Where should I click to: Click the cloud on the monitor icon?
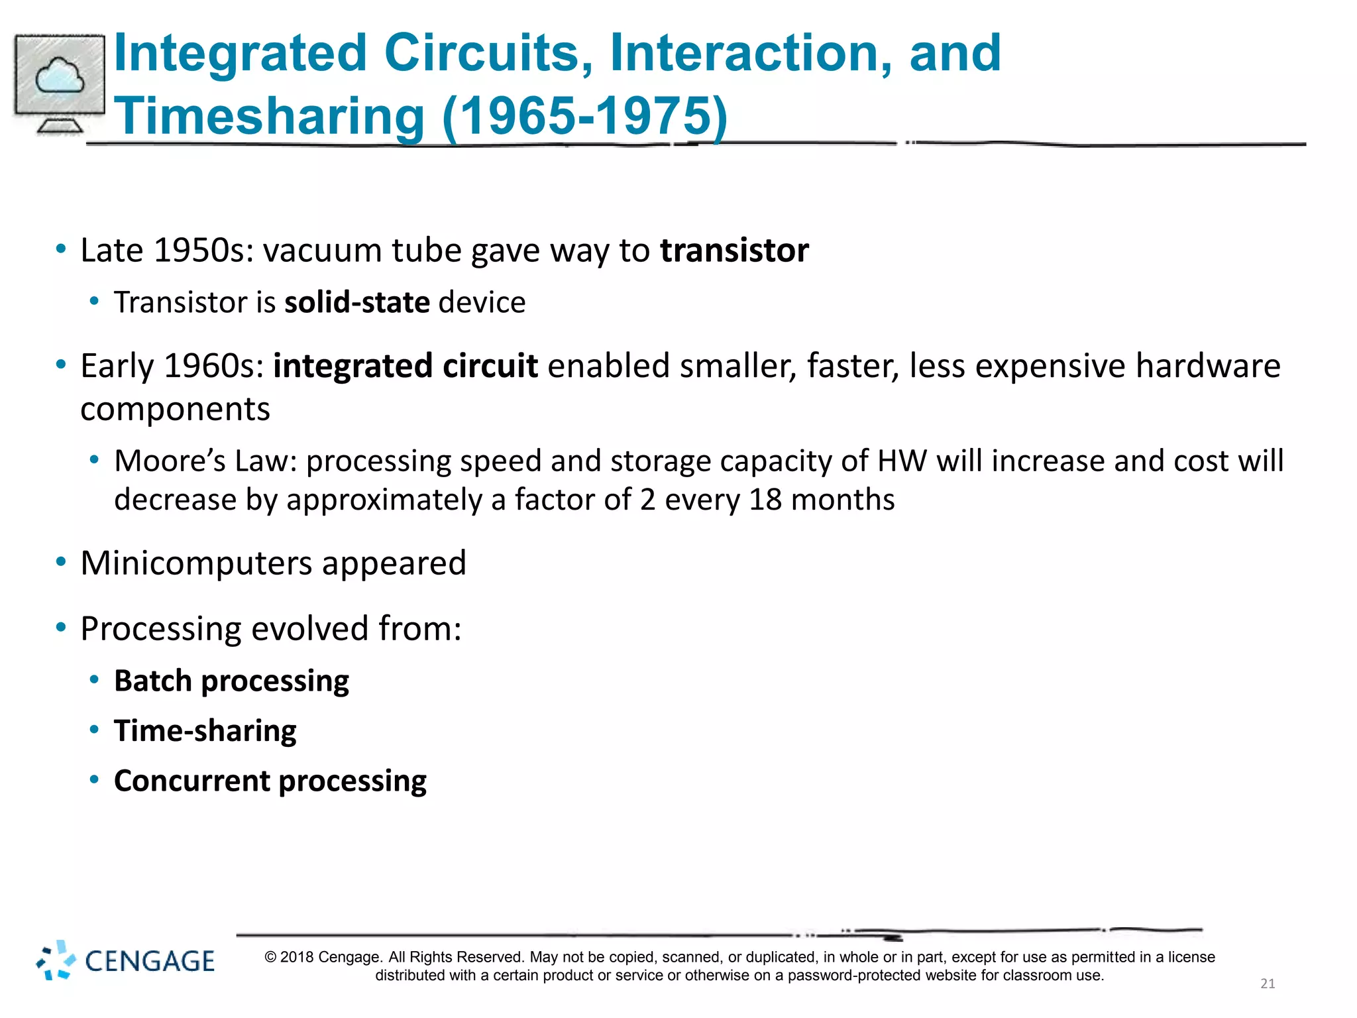tap(60, 76)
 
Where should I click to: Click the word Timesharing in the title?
tap(269, 116)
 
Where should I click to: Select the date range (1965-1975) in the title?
tap(584, 116)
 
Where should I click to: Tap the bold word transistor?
tap(734, 251)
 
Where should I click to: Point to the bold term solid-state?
tap(357, 303)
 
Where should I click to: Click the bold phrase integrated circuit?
tap(405, 366)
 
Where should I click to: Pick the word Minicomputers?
tap(196, 563)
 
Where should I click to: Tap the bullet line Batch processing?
tap(231, 681)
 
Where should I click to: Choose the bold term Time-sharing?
tap(205, 731)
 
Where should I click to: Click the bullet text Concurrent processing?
tap(270, 781)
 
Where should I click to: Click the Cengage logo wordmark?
tap(150, 961)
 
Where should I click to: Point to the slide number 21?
tap(1268, 984)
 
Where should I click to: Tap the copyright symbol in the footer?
tap(270, 957)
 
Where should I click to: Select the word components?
tap(175, 410)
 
